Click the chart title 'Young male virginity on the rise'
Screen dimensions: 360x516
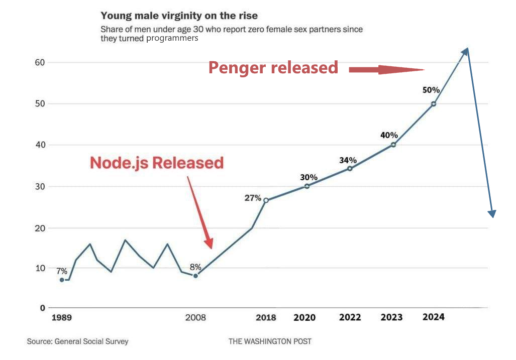coord(179,16)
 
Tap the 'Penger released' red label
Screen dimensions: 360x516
coord(273,67)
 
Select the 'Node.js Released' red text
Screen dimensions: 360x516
coord(157,163)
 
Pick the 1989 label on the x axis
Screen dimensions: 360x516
coord(61,318)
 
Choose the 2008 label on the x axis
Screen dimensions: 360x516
coord(195,318)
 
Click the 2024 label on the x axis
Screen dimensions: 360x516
coord(433,317)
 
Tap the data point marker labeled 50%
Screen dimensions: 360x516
coord(434,104)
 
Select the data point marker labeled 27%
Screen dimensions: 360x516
coord(266,200)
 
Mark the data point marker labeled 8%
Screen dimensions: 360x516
coord(195,276)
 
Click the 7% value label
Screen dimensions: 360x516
coord(62,271)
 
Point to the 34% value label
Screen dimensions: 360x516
coord(348,160)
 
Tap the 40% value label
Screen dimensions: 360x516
coord(389,135)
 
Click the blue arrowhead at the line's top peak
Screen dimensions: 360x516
coord(465,51)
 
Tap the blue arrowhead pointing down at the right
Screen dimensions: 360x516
coord(492,213)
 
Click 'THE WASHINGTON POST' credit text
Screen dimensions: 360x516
coord(270,341)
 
